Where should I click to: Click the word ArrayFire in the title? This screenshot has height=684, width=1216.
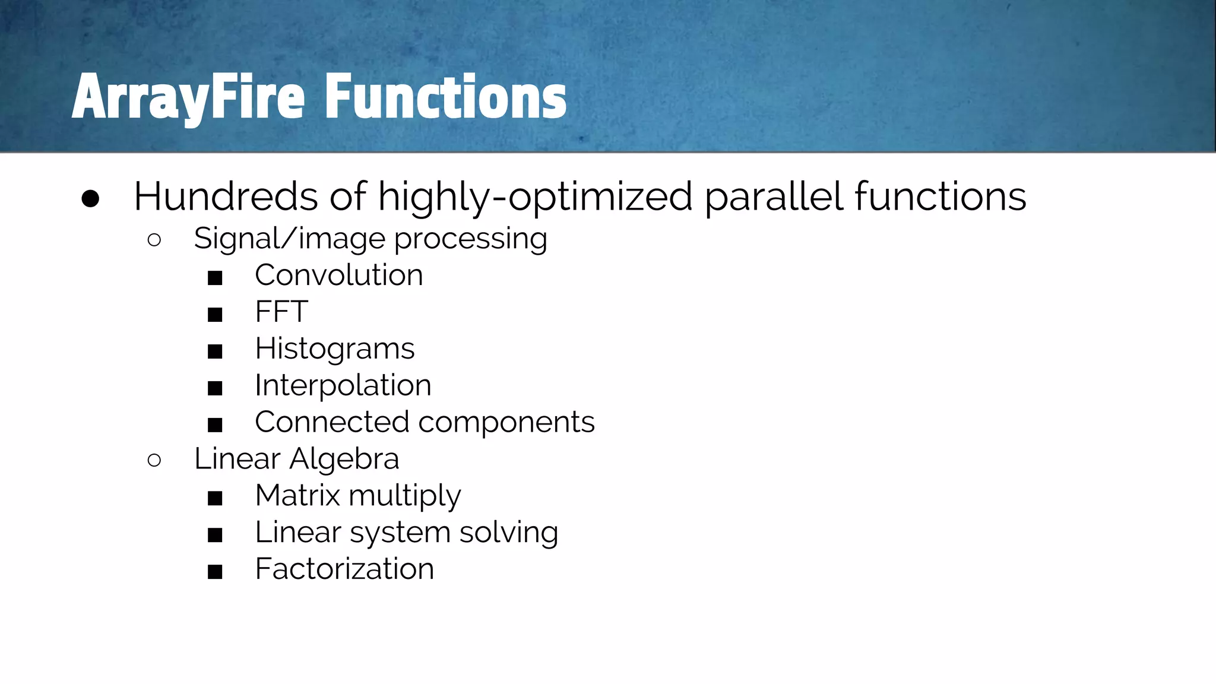coord(188,97)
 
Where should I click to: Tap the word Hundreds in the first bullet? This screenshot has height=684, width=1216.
coord(226,197)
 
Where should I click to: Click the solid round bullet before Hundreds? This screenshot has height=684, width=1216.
coord(90,199)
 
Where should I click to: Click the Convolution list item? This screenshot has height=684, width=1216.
coord(338,275)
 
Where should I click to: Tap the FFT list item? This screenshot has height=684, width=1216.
coord(281,312)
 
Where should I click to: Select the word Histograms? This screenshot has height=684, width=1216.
coord(334,349)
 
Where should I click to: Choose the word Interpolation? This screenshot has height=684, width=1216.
coord(343,386)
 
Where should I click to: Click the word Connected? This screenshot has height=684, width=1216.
coord(332,422)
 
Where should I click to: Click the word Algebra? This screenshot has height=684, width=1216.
coord(344,459)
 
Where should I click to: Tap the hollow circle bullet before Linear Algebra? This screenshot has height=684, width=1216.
coord(154,460)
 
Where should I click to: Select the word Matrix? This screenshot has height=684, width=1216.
coord(297,495)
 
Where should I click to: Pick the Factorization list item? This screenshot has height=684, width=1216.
coord(344,569)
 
